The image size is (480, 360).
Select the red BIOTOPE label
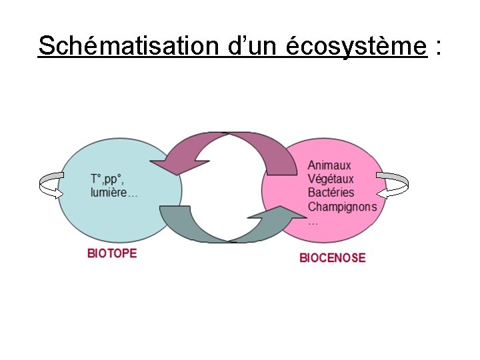tap(112, 253)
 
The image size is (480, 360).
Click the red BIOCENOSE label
tap(332, 257)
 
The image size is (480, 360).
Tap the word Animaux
tap(329, 165)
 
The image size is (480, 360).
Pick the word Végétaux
tap(331, 179)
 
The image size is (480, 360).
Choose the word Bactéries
tap(331, 193)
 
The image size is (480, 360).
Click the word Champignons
tap(342, 207)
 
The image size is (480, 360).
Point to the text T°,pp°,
tap(107, 179)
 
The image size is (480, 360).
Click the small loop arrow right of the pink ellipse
tap(393, 185)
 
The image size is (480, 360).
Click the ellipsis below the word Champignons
tap(313, 222)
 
